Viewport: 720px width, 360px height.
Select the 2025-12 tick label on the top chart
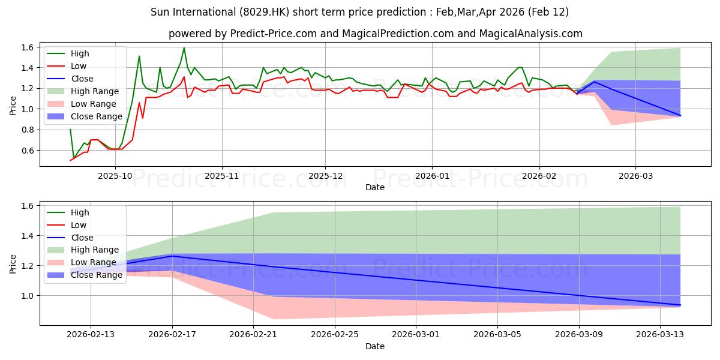click(x=325, y=176)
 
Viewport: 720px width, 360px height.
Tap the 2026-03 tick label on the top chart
click(x=635, y=176)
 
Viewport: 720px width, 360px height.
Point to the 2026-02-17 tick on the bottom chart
click(x=172, y=335)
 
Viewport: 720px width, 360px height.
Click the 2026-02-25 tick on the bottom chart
click(x=335, y=335)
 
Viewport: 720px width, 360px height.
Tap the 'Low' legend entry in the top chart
click(x=79, y=66)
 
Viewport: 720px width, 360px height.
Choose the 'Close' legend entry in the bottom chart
click(x=82, y=238)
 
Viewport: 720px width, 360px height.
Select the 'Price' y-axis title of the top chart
click(x=13, y=105)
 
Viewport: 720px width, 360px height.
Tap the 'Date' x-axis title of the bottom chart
click(x=375, y=346)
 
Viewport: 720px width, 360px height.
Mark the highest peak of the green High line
click(x=184, y=48)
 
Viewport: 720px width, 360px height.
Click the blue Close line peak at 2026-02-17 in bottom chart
click(x=172, y=256)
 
